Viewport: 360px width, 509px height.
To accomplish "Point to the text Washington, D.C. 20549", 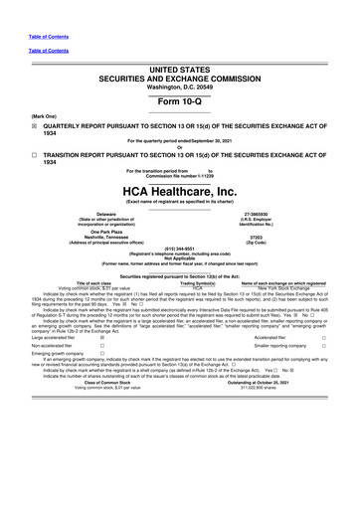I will coord(181,87).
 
